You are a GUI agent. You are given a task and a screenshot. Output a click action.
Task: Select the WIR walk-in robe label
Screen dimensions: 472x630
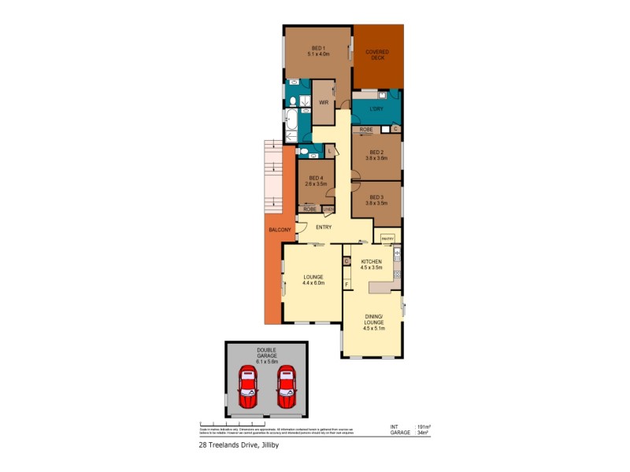point(323,103)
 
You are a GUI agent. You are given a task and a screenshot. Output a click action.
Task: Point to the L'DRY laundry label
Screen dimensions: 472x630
point(376,109)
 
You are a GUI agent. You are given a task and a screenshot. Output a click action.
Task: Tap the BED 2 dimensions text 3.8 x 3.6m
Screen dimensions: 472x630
point(376,157)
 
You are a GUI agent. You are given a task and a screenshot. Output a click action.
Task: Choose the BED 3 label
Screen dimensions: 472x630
point(376,197)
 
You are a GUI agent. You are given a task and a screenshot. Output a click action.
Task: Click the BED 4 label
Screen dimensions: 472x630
point(316,179)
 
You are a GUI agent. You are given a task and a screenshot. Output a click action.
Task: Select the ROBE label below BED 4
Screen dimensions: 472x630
point(309,209)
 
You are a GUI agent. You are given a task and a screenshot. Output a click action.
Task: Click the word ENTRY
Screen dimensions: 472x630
point(323,227)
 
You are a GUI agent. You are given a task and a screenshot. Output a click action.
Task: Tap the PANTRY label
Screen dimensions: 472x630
point(387,238)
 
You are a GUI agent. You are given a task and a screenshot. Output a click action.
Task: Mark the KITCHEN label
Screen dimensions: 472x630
point(371,261)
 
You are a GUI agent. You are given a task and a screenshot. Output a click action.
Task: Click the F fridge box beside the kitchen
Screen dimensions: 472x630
point(346,284)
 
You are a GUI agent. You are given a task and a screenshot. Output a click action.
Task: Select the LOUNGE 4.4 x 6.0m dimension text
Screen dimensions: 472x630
point(314,284)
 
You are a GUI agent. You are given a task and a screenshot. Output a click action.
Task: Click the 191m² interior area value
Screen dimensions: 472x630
point(423,426)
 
